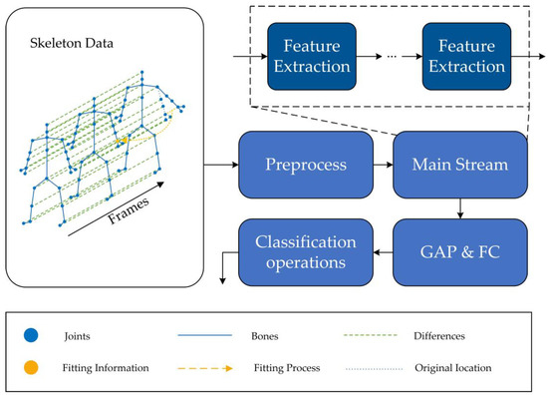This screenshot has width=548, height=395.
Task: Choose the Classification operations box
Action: [x=300, y=249]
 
